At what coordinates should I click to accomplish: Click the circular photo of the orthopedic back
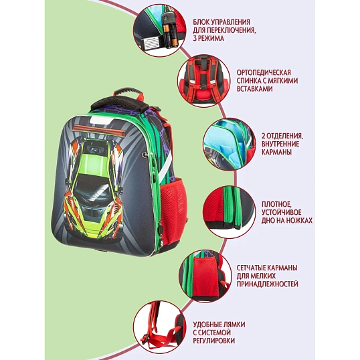tap(202, 82)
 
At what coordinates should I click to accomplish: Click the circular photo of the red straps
tap(158, 328)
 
